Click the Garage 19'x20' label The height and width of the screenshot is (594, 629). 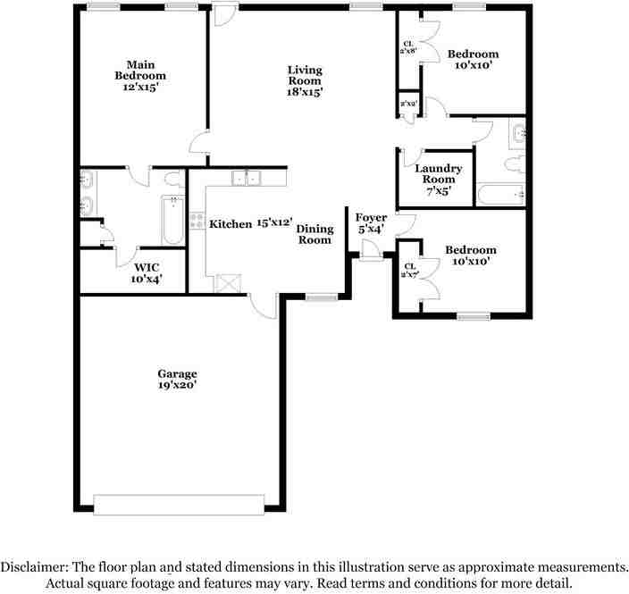point(177,380)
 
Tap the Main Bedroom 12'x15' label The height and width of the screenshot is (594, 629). point(140,76)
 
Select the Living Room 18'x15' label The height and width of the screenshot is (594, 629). point(305,81)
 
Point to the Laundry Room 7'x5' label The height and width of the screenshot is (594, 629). point(438,180)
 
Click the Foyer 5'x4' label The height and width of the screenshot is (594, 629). point(371,223)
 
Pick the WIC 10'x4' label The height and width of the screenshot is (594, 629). point(147,273)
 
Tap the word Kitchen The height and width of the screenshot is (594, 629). point(231,224)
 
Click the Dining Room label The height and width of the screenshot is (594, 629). point(314,235)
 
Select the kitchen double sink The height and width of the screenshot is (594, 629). point(246,178)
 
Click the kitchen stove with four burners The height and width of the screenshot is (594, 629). point(197,221)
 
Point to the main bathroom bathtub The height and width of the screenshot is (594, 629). point(173,221)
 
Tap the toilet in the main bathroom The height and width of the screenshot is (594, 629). point(174,179)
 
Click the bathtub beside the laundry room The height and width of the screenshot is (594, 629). point(500,195)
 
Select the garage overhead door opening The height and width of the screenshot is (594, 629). point(179,505)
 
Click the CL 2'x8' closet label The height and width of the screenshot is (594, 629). point(409,47)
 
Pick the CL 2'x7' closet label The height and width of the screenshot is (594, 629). point(410,271)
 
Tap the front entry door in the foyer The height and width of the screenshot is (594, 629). point(370,251)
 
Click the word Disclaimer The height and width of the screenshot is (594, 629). point(35,567)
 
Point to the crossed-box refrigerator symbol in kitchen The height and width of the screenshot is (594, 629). point(228,283)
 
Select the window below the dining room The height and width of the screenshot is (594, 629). point(322,297)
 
